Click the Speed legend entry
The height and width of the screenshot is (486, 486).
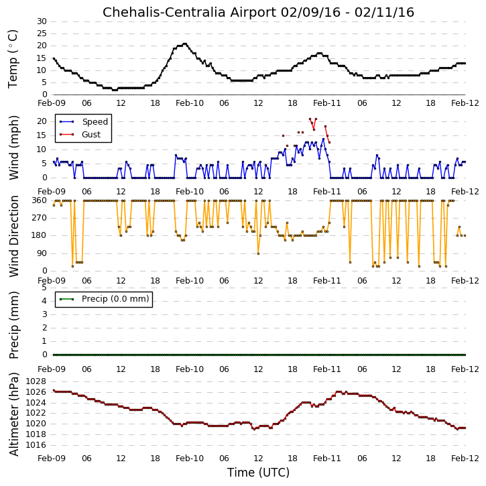click(x=84, y=121)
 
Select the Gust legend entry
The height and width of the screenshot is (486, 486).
click(x=80, y=134)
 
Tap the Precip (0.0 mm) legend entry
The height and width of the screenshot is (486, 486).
click(x=105, y=299)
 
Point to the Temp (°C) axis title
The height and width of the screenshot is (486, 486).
click(x=13, y=59)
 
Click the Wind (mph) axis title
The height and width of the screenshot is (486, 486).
click(x=13, y=147)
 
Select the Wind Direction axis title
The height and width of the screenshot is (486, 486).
click(x=13, y=237)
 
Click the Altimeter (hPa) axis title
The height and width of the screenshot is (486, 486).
click(x=13, y=414)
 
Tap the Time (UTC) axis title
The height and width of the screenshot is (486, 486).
click(x=258, y=473)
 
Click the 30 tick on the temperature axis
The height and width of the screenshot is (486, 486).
click(x=42, y=21)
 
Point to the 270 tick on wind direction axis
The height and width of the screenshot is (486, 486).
click(x=40, y=218)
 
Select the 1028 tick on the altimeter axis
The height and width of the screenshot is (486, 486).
click(x=37, y=381)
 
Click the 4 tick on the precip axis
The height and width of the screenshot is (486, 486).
click(x=44, y=301)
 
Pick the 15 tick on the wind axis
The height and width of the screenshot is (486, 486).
click(x=42, y=135)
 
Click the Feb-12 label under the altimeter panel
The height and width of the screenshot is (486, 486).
click(x=465, y=459)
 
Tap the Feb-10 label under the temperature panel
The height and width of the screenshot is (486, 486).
click(x=190, y=103)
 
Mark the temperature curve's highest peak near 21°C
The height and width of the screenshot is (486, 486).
click(x=185, y=44)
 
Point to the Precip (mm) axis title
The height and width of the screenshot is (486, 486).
click(x=13, y=325)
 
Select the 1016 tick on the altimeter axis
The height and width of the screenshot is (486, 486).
click(x=37, y=445)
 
